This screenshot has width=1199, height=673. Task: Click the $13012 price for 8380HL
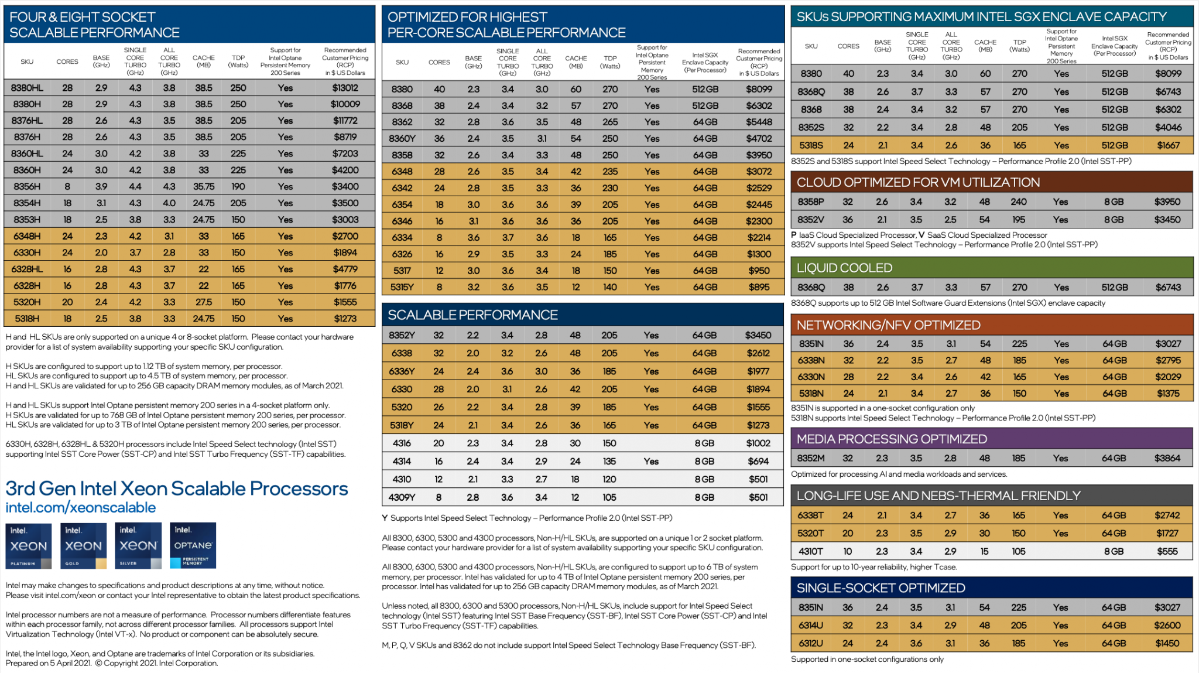pyautogui.click(x=345, y=88)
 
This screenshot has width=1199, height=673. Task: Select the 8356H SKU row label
pyautogui.click(x=27, y=186)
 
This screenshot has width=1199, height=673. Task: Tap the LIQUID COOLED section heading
pyautogui.click(x=844, y=268)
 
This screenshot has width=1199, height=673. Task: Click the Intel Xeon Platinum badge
pyautogui.click(x=28, y=546)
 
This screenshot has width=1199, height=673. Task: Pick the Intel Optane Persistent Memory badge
pyautogui.click(x=193, y=546)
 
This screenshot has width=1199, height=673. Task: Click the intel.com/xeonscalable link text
pyautogui.click(x=81, y=508)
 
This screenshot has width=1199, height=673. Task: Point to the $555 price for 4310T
pyautogui.click(x=1167, y=551)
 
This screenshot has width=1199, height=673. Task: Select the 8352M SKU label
pyautogui.click(x=810, y=458)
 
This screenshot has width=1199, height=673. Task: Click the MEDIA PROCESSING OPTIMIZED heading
pyautogui.click(x=891, y=439)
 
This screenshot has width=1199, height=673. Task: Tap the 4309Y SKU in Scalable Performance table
pyautogui.click(x=402, y=497)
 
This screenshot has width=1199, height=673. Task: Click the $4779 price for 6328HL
pyautogui.click(x=345, y=269)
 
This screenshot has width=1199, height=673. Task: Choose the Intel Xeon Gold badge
pyautogui.click(x=83, y=546)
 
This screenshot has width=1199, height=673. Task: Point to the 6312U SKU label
pyautogui.click(x=810, y=643)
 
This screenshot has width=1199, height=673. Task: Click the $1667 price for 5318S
pyautogui.click(x=1168, y=145)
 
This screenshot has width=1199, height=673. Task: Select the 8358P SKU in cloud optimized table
pyautogui.click(x=810, y=201)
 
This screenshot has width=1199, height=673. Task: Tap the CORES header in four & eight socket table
pyautogui.click(x=67, y=62)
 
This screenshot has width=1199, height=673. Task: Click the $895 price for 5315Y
pyautogui.click(x=759, y=287)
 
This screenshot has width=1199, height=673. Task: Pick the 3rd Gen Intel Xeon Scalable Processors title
pyautogui.click(x=177, y=488)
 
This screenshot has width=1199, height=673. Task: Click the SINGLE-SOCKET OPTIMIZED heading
pyautogui.click(x=881, y=588)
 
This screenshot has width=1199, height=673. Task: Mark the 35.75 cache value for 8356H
pyautogui.click(x=204, y=186)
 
